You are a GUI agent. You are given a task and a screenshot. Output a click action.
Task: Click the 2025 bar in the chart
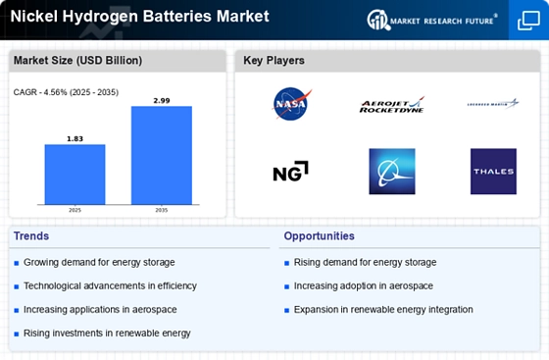(x=75, y=174)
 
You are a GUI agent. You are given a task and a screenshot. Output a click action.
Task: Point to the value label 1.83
(x=75, y=138)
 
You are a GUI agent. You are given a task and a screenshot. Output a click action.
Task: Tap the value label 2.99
(x=162, y=100)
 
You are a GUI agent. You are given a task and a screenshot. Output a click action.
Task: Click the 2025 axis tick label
(x=75, y=210)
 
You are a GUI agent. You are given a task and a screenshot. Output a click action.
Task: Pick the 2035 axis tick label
(x=162, y=210)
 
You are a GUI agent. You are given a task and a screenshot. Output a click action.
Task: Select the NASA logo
(x=290, y=103)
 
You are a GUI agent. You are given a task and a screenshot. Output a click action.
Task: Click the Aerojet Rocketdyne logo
(x=391, y=104)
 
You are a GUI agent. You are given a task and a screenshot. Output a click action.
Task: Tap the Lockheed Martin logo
(x=493, y=103)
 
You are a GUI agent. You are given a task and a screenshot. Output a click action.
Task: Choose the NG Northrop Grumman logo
(x=290, y=171)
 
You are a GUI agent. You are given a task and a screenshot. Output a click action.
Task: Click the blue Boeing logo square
(x=391, y=171)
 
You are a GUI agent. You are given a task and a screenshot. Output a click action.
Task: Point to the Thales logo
(x=493, y=171)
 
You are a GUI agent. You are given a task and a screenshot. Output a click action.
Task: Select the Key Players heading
(x=274, y=61)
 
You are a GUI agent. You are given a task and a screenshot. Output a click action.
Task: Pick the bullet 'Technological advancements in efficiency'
(x=110, y=285)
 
